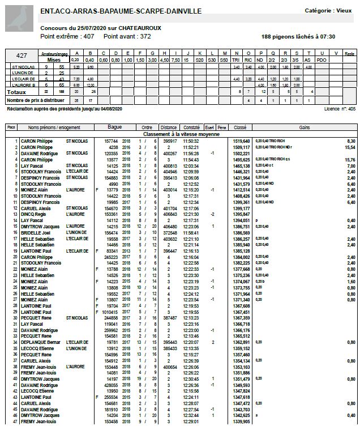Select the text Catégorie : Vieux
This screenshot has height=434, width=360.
point(328,10)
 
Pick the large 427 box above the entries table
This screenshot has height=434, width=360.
point(22,56)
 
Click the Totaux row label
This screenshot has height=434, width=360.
point(16,91)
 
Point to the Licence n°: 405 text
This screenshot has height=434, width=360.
point(340,108)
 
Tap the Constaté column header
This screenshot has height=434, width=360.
point(192,127)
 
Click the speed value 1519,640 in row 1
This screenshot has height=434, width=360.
point(241,141)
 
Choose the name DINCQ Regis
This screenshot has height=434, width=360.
point(35,215)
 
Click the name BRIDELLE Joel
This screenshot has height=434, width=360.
point(37,233)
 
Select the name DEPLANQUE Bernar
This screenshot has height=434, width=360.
point(40,342)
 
